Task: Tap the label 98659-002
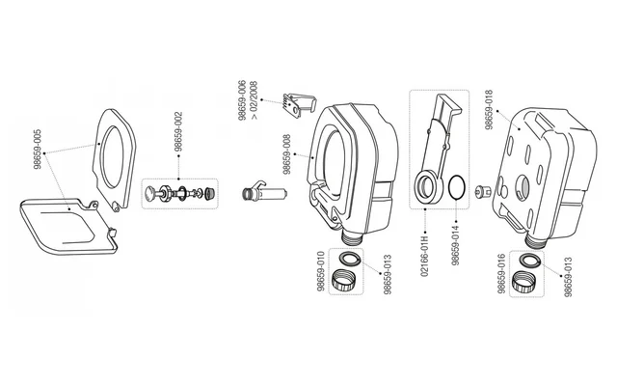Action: pos(178,132)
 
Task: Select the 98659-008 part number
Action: pos(287,154)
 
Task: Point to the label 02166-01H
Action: pos(424,257)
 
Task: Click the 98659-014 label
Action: pos(455,245)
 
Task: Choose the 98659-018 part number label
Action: pos(489,110)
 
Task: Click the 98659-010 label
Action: pos(321,272)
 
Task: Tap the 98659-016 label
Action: pos(501,274)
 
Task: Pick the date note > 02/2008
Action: pos(254,100)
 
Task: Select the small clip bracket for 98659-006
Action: pos(300,103)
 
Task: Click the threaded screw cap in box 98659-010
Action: pos(343,280)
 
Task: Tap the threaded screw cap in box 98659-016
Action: pos(523,282)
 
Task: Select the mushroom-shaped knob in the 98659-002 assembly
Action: pos(150,193)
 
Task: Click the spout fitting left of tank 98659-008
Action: pos(264,192)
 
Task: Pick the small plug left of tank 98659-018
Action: pos(483,192)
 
